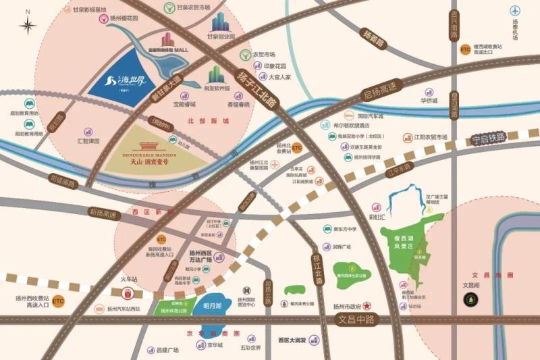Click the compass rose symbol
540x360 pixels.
tap(27, 25)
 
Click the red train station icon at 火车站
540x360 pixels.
tap(128, 294)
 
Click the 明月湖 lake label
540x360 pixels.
tap(211, 306)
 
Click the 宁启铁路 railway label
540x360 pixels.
tap(488, 138)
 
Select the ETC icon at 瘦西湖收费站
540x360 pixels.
tap(465, 49)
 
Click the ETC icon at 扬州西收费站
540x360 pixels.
tap(59, 301)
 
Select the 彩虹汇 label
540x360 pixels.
tap(377, 217)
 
